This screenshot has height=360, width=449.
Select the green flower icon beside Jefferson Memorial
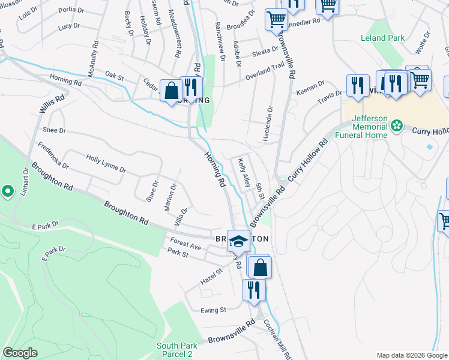pos(396,125)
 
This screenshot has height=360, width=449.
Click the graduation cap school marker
pos(238,241)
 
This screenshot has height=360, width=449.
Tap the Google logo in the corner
pos(20,353)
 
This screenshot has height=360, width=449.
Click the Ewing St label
pos(214,310)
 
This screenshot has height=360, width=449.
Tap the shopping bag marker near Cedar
pos(171,91)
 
